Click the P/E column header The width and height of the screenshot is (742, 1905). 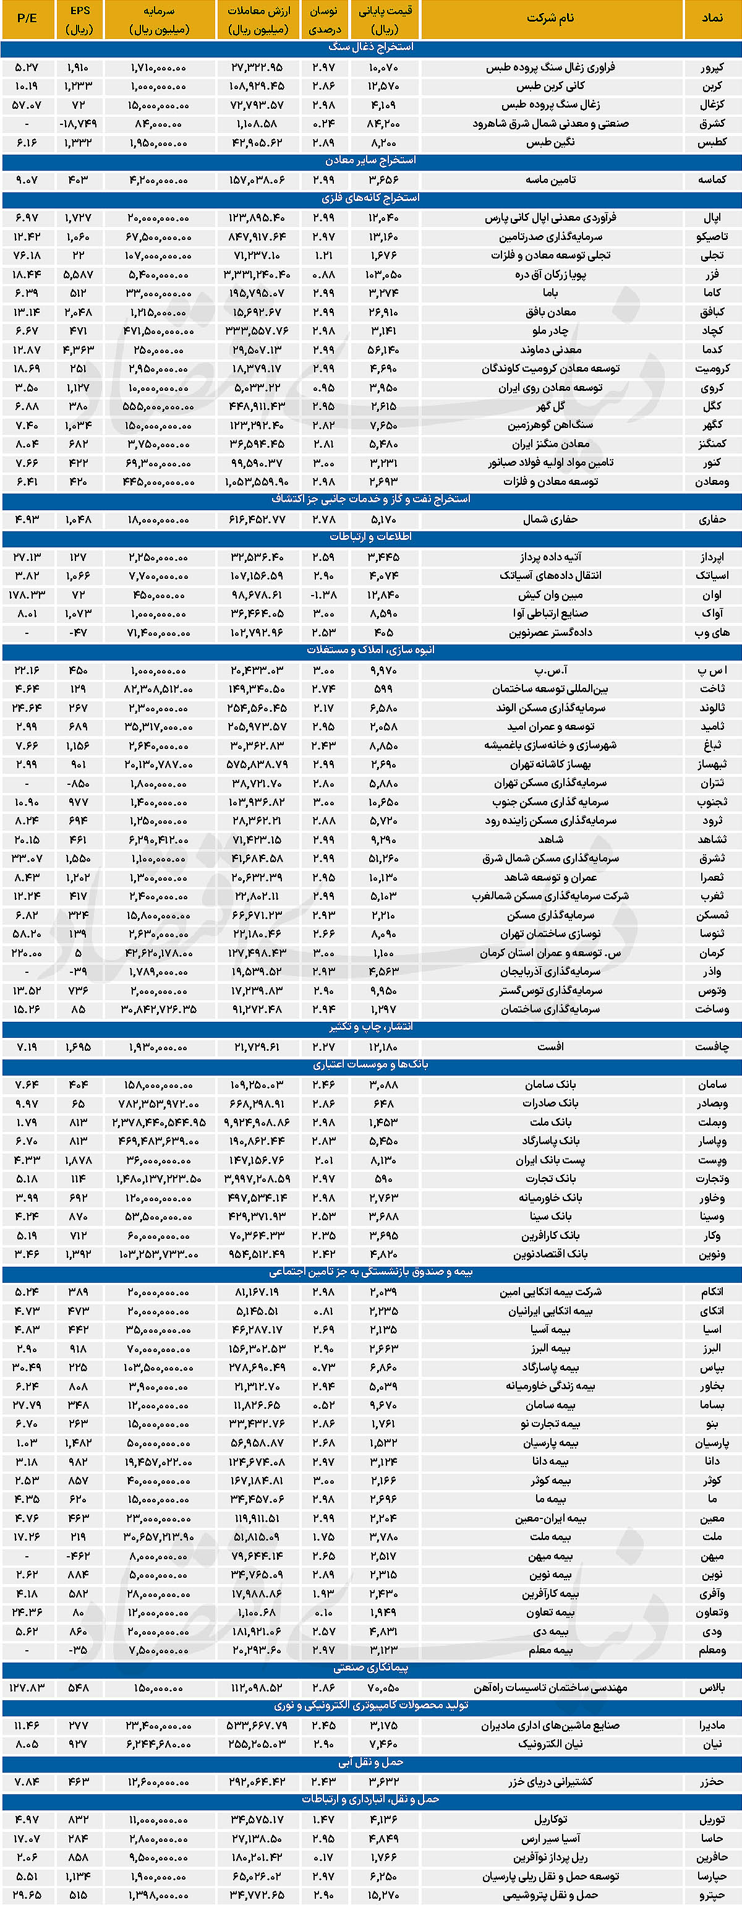tap(27, 19)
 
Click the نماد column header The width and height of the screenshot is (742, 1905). tap(712, 19)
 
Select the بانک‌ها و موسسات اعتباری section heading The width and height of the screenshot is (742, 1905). tap(371, 1065)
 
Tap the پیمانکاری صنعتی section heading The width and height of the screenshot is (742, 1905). tap(371, 1667)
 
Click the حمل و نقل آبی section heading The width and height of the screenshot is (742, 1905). tap(371, 1762)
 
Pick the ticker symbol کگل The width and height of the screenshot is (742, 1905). tap(712, 406)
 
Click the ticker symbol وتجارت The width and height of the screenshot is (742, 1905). tap(712, 1179)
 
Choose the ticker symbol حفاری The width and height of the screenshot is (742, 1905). tap(712, 519)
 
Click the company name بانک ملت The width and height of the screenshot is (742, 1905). tap(550, 1122)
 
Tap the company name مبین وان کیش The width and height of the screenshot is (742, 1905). tap(550, 594)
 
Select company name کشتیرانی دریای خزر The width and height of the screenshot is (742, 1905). tap(550, 1781)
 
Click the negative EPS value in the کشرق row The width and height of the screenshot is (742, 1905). tap(79, 124)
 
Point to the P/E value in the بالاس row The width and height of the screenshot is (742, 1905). tap(27, 1687)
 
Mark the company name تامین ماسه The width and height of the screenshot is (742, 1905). tap(550, 180)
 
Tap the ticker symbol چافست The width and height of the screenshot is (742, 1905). tap(712, 1047)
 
